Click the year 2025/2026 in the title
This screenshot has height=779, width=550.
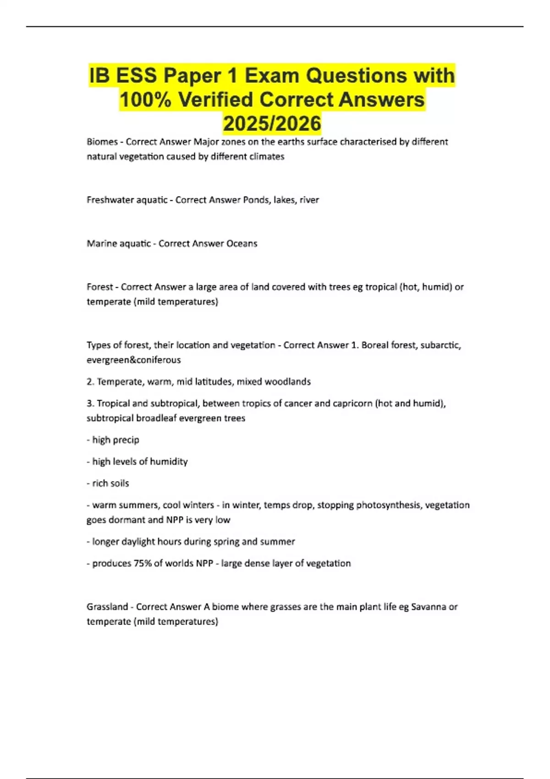coord(272,123)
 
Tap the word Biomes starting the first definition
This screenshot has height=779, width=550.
coord(102,142)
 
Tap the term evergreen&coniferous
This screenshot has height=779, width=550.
coord(134,360)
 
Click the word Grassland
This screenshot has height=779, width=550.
coord(107,607)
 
